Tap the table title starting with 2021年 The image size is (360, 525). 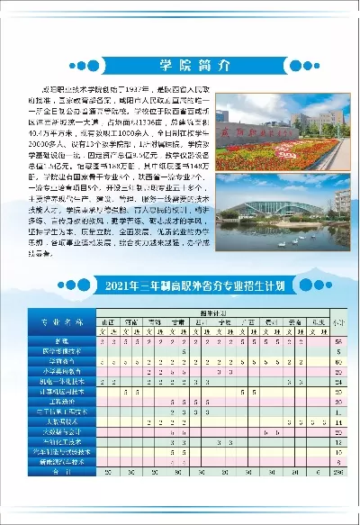coord(180,287)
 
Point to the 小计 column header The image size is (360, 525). coord(338,322)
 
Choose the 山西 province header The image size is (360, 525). coord(108,321)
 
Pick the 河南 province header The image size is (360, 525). coord(131,321)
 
